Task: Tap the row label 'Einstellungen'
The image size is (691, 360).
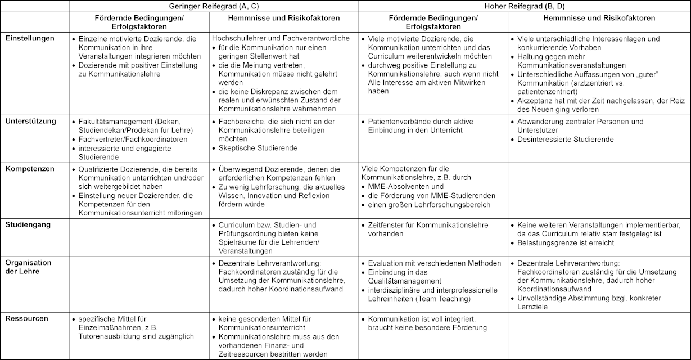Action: (x=30, y=38)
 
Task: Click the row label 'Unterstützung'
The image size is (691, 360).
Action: (x=30, y=121)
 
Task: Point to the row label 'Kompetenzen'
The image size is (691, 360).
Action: (x=29, y=168)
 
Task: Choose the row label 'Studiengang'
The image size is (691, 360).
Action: (x=28, y=224)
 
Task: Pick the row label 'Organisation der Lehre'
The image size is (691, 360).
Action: (x=28, y=267)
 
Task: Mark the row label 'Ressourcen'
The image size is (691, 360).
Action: (x=27, y=318)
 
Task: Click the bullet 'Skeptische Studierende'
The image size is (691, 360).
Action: (x=258, y=148)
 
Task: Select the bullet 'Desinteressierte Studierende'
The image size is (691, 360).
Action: (x=565, y=139)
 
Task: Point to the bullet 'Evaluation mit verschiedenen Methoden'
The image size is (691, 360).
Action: (x=434, y=263)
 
